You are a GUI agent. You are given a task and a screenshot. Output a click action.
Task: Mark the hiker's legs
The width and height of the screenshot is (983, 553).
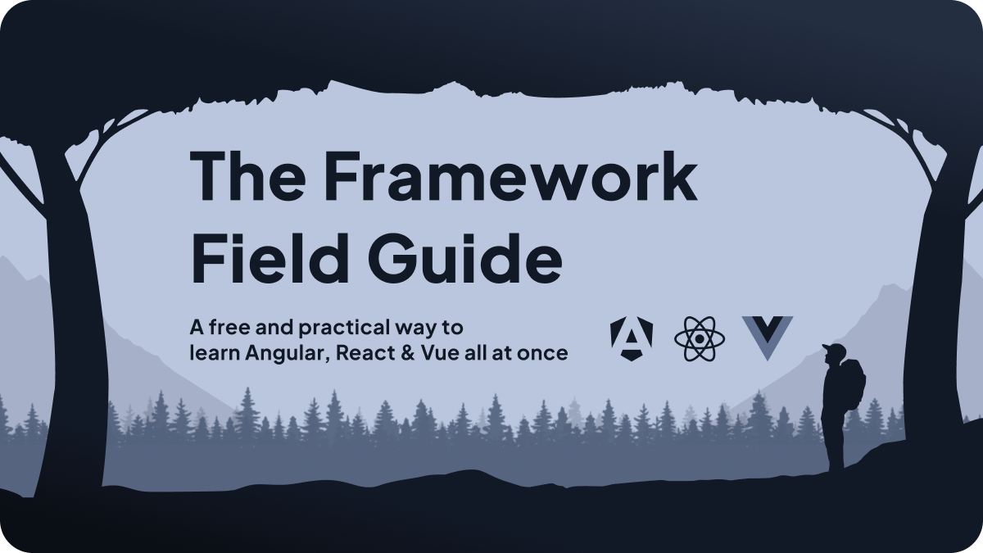click(x=836, y=442)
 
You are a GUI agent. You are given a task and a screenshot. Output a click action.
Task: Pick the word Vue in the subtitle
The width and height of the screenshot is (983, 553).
click(x=428, y=353)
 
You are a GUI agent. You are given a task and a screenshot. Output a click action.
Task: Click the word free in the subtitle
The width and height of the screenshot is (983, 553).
click(x=223, y=328)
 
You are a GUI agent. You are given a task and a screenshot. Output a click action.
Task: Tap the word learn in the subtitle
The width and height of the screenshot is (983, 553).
click(x=209, y=353)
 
